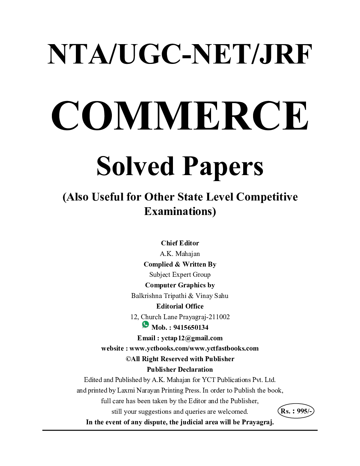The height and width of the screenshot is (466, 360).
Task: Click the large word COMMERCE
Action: (180, 116)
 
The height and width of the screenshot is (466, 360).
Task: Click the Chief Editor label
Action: (180, 243)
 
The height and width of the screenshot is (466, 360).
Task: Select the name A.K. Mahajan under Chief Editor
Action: (180, 253)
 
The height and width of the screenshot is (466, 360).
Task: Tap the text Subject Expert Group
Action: (180, 274)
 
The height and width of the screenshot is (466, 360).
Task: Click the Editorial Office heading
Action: (180, 306)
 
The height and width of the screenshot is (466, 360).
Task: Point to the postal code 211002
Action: (217, 317)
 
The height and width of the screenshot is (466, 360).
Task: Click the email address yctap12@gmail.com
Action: (192, 338)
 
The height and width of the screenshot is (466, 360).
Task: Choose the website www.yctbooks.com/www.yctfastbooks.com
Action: (194, 348)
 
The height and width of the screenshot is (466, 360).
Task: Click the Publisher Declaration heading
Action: (180, 369)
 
